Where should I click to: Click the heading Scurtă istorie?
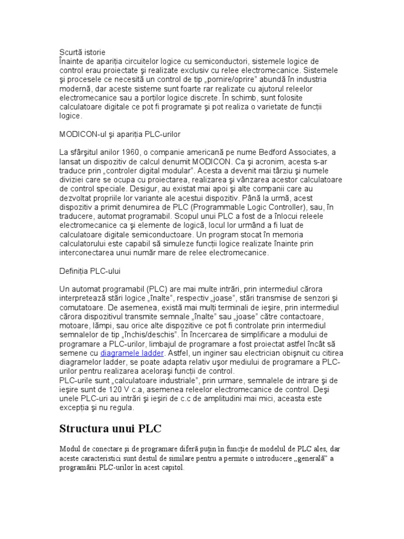82,52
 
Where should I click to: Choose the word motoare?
74,325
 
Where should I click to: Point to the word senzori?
312,298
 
